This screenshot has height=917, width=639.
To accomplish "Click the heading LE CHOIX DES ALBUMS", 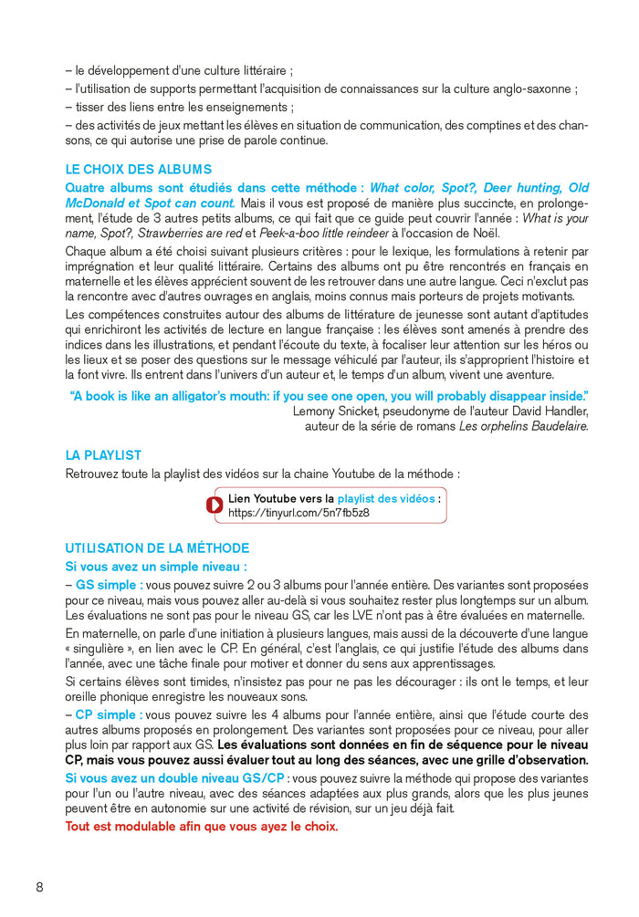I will (138, 170).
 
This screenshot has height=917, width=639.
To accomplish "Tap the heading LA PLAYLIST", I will (103, 455).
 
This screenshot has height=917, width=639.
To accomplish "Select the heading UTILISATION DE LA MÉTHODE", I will (156, 548).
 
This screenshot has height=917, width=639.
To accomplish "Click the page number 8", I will (39, 888).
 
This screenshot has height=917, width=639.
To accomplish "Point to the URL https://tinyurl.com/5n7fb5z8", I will (299, 514).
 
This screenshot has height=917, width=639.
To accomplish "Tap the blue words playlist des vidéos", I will (386, 499).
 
